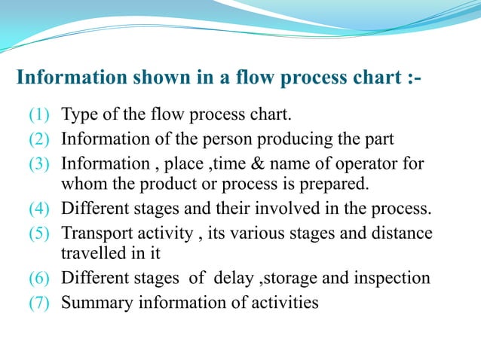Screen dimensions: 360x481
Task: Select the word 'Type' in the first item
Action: tap(78, 116)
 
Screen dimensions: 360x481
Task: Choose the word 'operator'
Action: tap(370, 164)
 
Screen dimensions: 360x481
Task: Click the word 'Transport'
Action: tap(94, 233)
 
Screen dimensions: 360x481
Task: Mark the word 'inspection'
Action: tap(393, 279)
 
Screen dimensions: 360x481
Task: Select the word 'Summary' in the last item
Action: tap(93, 303)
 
